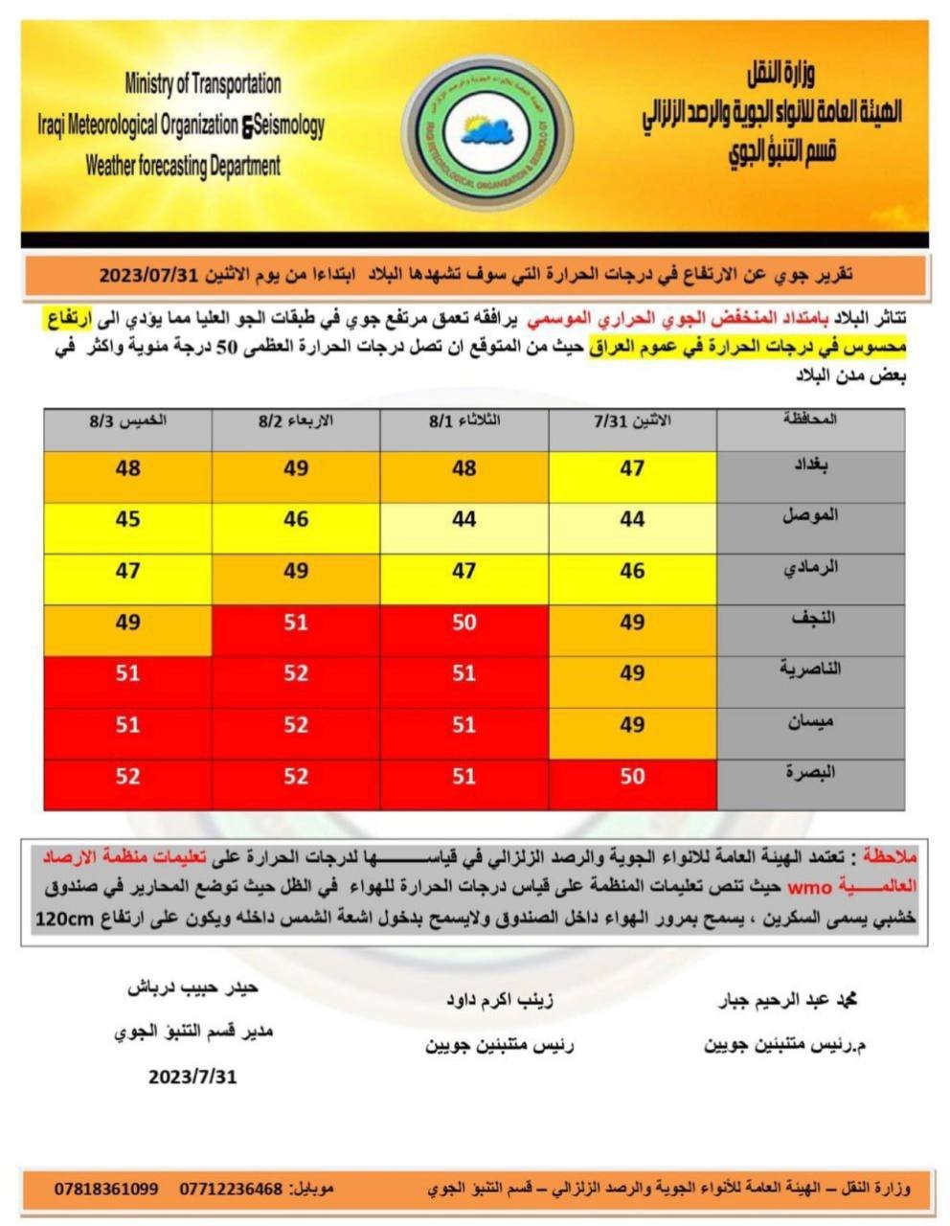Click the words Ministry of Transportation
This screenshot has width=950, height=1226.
click(203, 84)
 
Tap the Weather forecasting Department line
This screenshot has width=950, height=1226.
click(183, 166)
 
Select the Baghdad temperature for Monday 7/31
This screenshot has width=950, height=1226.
click(632, 468)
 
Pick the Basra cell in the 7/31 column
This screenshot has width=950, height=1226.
click(632, 776)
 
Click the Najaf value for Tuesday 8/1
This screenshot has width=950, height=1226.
click(464, 623)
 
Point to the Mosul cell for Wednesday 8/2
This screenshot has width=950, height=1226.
click(296, 519)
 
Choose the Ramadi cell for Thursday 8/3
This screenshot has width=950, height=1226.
click(127, 571)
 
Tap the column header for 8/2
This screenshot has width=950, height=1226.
click(296, 421)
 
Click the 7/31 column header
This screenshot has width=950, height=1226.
click(633, 421)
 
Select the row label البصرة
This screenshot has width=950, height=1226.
click(811, 772)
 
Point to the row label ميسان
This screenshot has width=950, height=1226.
click(812, 721)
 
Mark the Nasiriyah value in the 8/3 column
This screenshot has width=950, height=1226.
click(127, 673)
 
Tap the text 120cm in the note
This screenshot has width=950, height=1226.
click(68, 919)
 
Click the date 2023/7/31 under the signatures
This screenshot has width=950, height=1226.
click(192, 1077)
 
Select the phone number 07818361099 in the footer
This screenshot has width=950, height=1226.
click(106, 1189)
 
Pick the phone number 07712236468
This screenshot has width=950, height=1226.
click(232, 1189)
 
